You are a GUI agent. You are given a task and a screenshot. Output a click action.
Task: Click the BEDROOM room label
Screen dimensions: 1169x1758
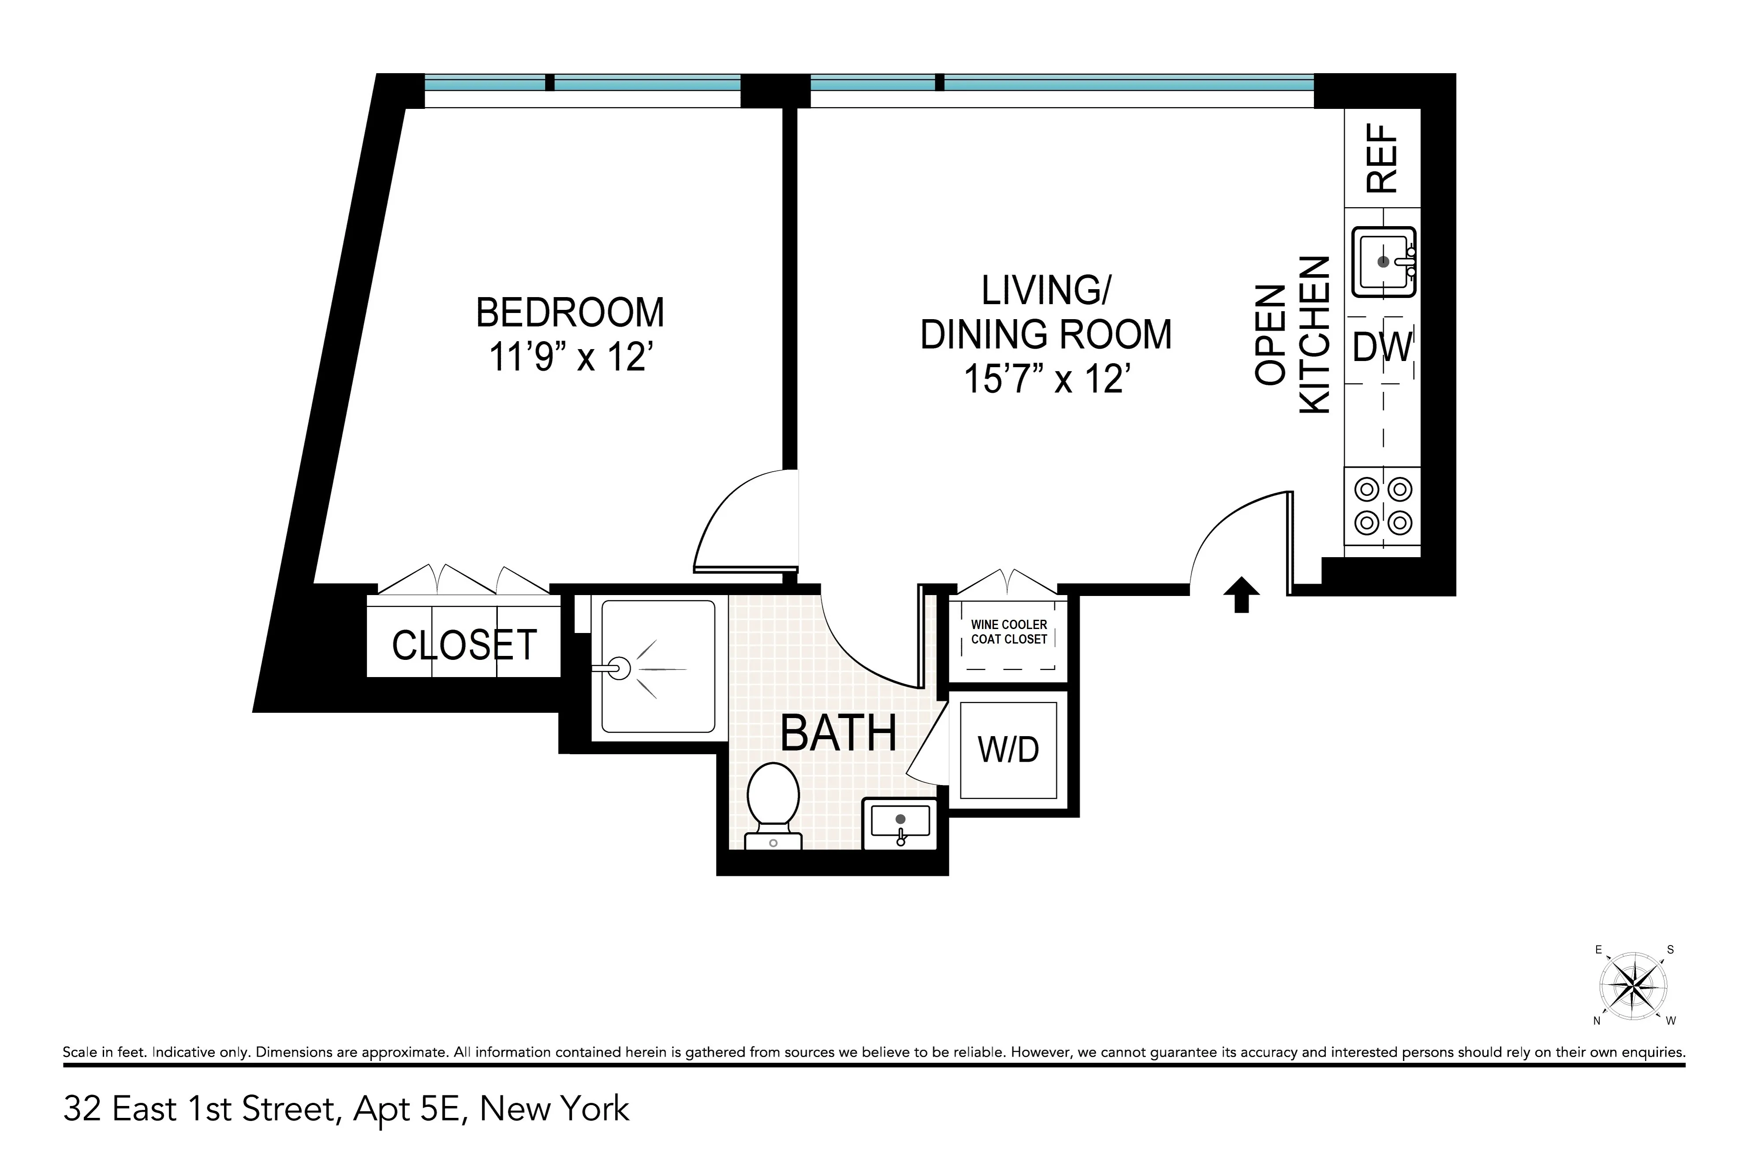pyautogui.click(x=570, y=313)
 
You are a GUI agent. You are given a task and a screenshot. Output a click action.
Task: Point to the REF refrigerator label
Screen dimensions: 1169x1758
pyautogui.click(x=1381, y=158)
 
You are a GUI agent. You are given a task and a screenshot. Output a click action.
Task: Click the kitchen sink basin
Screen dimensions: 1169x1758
pyautogui.click(x=1383, y=262)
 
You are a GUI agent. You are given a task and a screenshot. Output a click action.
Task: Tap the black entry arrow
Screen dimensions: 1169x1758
pyautogui.click(x=1241, y=594)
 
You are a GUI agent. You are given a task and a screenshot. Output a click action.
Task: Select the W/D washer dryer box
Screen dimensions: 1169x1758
pyautogui.click(x=1008, y=749)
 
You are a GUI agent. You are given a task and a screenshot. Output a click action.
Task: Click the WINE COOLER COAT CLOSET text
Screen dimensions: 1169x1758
pyautogui.click(x=1008, y=632)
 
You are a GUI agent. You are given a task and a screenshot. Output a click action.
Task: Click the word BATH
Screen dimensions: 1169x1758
pyautogui.click(x=838, y=733)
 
